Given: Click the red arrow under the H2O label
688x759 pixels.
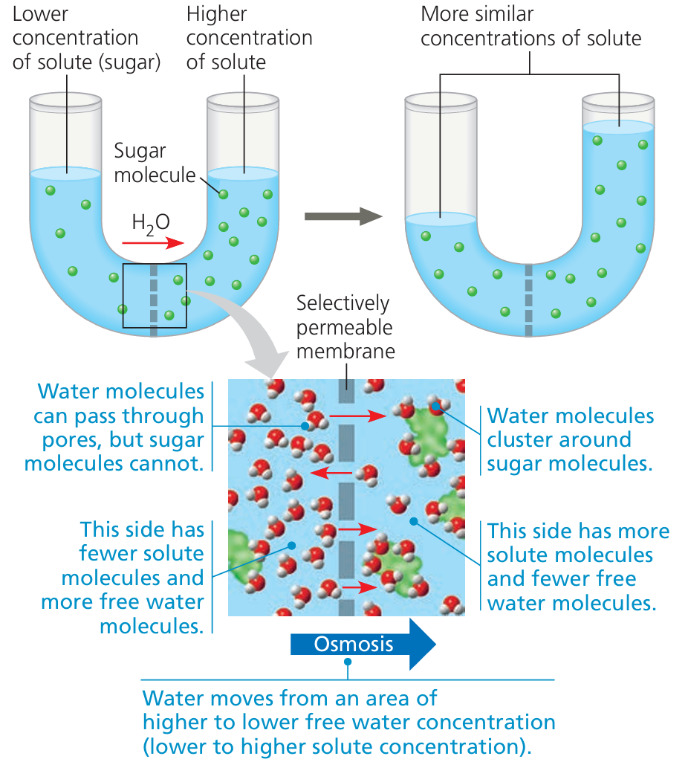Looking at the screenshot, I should [153, 242].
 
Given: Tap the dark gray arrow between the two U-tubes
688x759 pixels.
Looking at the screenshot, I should [343, 216].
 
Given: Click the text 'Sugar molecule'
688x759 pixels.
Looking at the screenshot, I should [153, 163].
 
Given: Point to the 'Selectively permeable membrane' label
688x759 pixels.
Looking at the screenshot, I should [343, 327].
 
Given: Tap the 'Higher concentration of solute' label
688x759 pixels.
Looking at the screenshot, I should [249, 38].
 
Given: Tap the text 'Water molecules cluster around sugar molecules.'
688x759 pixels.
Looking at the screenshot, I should [570, 439].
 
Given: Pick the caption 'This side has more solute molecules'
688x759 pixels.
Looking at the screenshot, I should [577, 566].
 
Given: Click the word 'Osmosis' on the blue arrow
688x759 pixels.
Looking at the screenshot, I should [354, 644].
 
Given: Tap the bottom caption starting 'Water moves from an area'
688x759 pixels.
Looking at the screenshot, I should [348, 722].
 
